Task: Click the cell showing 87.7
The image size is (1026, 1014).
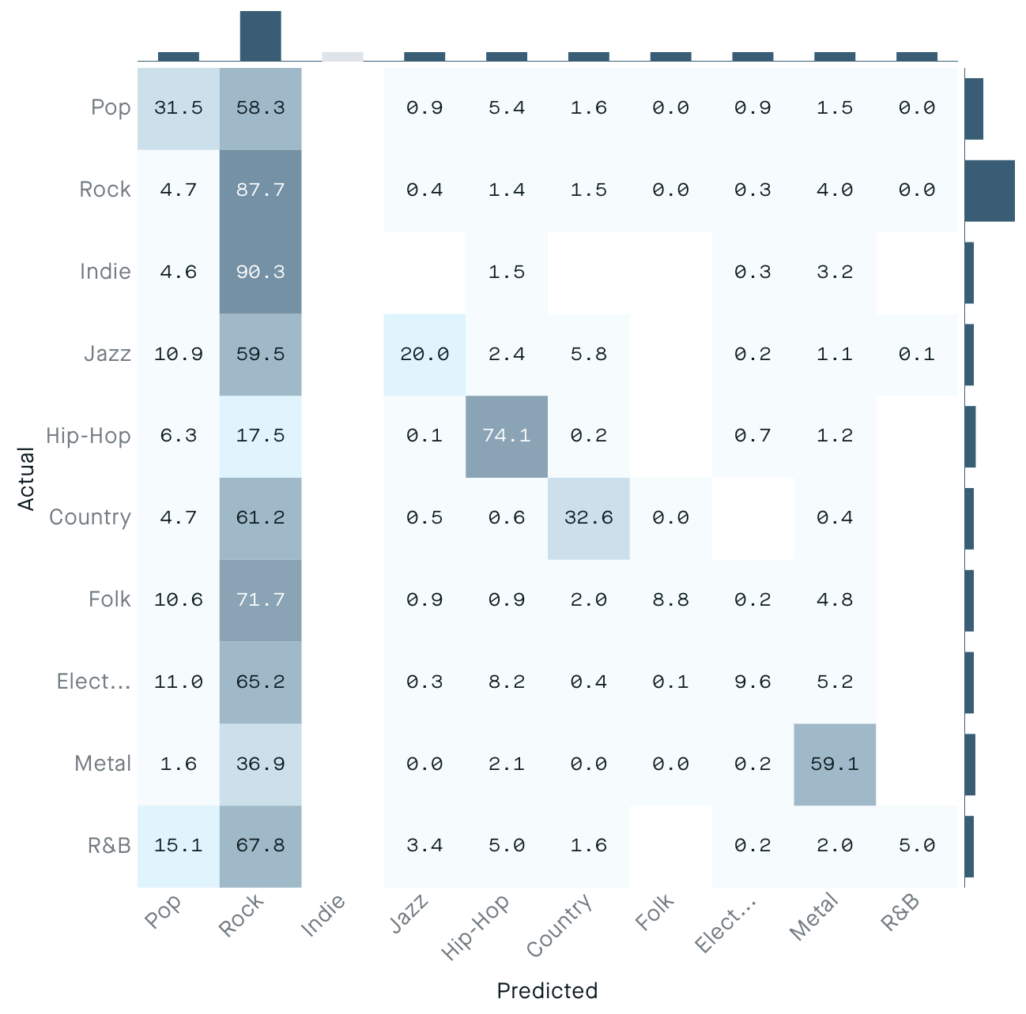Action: (x=260, y=190)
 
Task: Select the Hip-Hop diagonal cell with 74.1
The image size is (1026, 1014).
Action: (x=507, y=436)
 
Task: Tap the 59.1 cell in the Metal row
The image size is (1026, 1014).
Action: (x=835, y=764)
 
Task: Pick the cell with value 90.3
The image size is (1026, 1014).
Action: (x=260, y=272)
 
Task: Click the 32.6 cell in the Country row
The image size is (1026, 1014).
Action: (x=589, y=518)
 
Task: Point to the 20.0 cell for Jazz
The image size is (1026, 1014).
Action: (x=424, y=355)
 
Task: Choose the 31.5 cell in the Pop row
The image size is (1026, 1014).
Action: (x=179, y=108)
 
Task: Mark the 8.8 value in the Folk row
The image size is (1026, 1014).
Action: (x=671, y=600)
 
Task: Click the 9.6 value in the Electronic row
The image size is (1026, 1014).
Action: (x=753, y=682)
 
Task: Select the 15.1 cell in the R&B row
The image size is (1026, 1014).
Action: (x=179, y=846)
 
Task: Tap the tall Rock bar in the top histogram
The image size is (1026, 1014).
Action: (x=260, y=36)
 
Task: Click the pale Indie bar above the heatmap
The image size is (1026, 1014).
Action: (x=342, y=56)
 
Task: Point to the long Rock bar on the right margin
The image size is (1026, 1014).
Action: (x=989, y=190)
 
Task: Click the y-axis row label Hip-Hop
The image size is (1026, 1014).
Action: (x=89, y=436)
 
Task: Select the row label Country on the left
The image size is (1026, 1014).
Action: (x=90, y=518)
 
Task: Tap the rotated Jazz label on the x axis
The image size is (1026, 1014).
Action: (x=409, y=914)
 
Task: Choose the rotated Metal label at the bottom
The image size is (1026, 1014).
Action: (x=813, y=917)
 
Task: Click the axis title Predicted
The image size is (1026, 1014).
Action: (x=547, y=990)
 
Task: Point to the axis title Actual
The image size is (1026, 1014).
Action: (x=26, y=479)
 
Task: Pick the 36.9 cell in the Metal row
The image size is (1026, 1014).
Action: (x=260, y=764)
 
